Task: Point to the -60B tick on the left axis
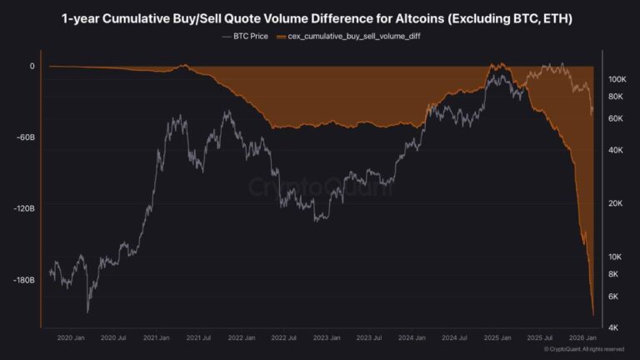coord(27,137)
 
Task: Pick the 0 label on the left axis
coord(32,66)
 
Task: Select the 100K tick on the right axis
coord(617,79)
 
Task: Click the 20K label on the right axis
coord(615,203)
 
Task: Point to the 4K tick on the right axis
coord(613,327)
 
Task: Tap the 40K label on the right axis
coord(615,150)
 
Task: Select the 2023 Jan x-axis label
coord(326,337)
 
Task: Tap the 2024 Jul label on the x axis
coord(455,337)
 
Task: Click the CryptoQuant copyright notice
coord(583,349)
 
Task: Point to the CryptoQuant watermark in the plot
coord(320,186)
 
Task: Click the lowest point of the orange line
coord(592,316)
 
